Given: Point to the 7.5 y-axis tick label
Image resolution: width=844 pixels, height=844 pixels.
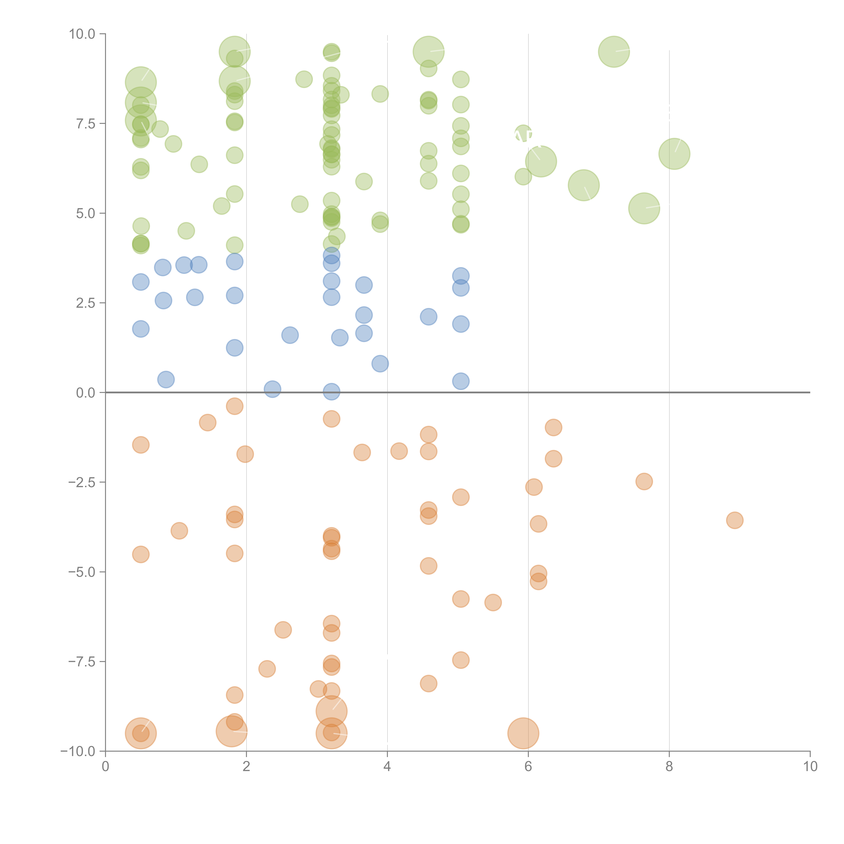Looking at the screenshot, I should tap(86, 124).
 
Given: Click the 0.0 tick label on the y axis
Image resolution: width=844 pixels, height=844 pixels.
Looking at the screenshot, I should tap(86, 393).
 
